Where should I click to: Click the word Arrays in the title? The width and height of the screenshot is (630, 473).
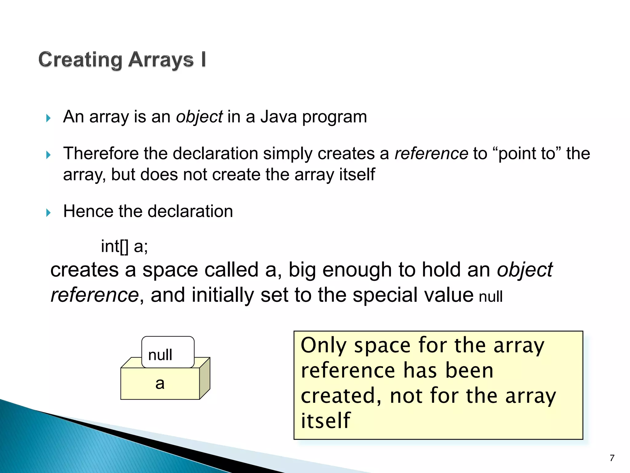[x=161, y=60]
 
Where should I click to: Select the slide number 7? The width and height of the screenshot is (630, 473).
[x=612, y=458]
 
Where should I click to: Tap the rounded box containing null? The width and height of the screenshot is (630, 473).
[x=168, y=352]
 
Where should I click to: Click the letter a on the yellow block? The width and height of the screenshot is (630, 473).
[x=160, y=384]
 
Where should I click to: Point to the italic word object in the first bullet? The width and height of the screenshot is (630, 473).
[x=199, y=117]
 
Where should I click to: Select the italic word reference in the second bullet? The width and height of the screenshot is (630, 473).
[x=431, y=153]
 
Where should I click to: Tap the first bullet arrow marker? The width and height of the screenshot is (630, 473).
[x=48, y=118]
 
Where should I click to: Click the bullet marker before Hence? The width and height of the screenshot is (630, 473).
[x=48, y=212]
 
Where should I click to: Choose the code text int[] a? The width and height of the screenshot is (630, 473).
[x=124, y=246]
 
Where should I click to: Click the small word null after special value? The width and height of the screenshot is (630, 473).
[x=491, y=297]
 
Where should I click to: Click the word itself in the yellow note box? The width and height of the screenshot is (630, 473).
[x=325, y=421]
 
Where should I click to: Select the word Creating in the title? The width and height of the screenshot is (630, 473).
[x=81, y=60]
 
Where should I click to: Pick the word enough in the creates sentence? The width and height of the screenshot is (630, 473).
[x=357, y=270]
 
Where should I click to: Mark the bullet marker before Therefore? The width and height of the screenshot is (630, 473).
[x=48, y=155]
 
